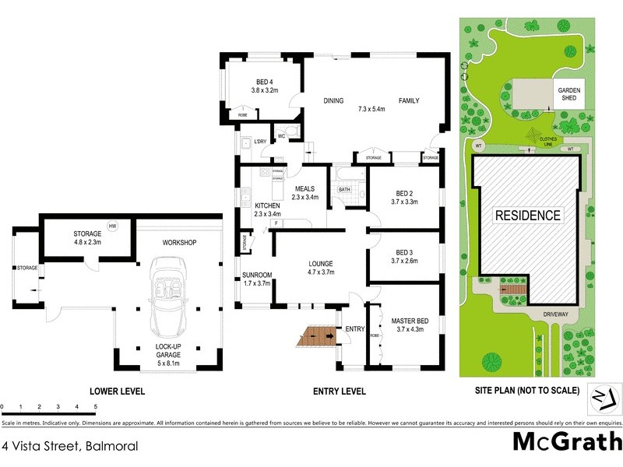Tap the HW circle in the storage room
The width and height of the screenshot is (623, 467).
coord(113,226)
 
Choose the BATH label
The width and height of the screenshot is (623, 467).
coord(343,190)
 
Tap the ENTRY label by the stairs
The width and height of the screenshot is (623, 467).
coord(354,329)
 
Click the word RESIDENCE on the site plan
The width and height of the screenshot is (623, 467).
coord(528,216)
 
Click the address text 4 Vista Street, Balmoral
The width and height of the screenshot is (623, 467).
coord(70,447)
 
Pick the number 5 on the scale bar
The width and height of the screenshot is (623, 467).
coord(95,406)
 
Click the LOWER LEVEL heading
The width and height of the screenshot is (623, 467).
coord(117,391)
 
